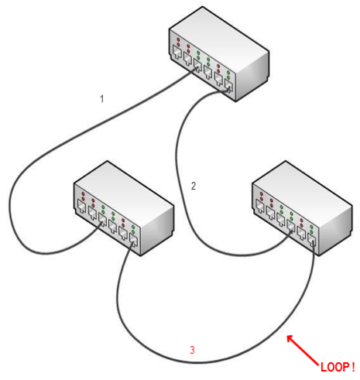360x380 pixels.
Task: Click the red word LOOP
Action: pos(334,367)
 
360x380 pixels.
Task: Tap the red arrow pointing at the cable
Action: pos(303,350)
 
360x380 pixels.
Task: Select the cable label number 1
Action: pos(102,99)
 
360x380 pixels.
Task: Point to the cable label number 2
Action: pos(194,186)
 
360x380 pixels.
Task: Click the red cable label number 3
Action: pos(192,350)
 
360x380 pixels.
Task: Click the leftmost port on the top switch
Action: pos(177,52)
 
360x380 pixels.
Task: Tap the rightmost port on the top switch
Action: pos(228,85)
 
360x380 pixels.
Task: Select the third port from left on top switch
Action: pos(197,65)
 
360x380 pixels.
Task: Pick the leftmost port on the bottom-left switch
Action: pos(82,206)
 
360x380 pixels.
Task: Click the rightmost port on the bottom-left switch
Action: pos(133,240)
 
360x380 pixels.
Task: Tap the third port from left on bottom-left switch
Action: pos(102,220)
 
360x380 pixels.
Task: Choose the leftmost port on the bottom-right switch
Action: pos(260,206)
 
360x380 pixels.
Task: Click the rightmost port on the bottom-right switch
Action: pos(312,240)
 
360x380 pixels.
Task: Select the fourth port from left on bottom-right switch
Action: pos(291,226)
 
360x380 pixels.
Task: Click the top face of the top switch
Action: pos(219,33)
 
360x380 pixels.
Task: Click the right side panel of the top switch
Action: pos(252,77)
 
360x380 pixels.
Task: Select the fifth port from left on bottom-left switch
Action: pos(123,233)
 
